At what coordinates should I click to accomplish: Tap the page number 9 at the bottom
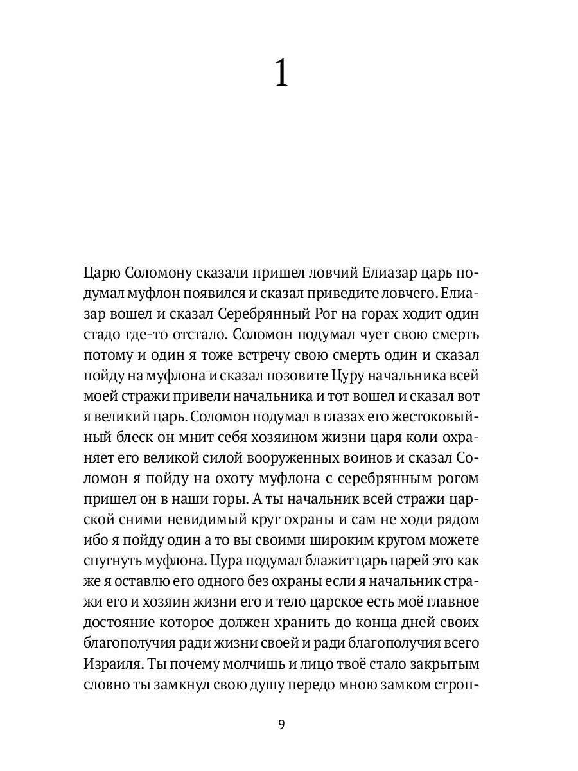281,725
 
